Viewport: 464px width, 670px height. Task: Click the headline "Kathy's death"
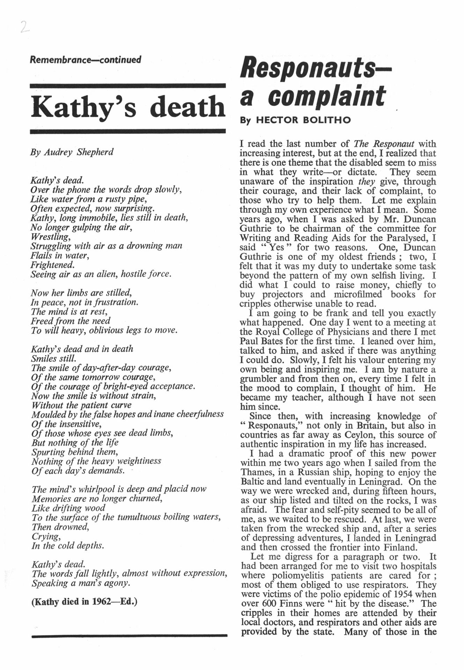tap(128, 107)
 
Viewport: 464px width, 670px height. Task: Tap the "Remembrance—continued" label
tap(86, 60)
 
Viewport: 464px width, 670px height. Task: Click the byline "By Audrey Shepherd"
tap(72, 152)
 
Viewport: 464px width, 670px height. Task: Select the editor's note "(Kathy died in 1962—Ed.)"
tap(84, 602)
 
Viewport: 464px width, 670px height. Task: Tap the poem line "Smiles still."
tap(53, 358)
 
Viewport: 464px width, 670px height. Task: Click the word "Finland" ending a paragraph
tap(397, 547)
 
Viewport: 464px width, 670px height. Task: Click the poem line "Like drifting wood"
tap(68, 508)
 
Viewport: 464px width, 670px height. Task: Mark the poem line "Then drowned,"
tap(60, 527)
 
